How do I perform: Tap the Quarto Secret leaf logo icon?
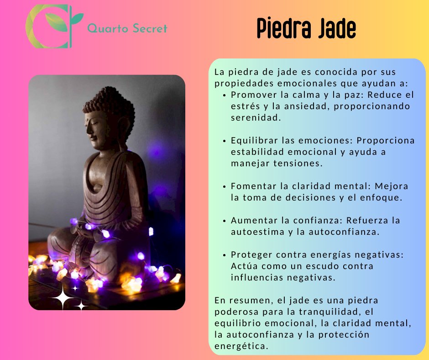[53, 26]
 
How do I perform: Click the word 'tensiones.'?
[300, 163]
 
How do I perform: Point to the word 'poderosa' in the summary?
[233, 312]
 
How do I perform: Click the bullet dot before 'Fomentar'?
[225, 186]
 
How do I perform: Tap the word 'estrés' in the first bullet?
[244, 106]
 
